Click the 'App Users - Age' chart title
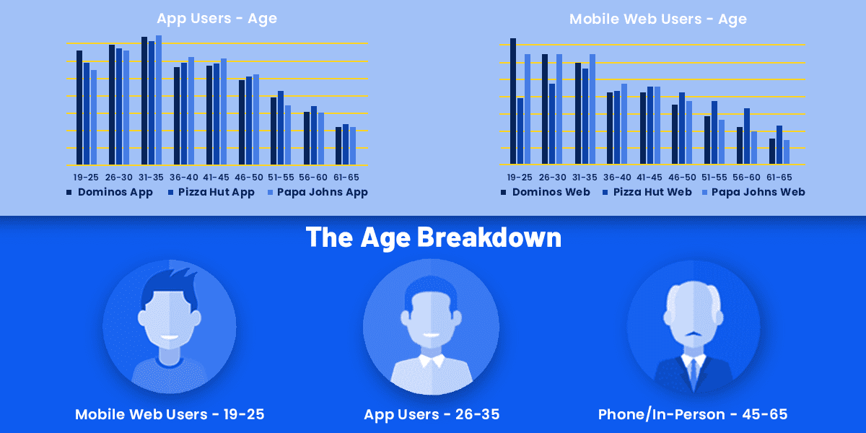pyautogui.click(x=217, y=19)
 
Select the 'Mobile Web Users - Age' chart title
pyautogui.click(x=658, y=19)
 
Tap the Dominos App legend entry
pyautogui.click(x=110, y=192)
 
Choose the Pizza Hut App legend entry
pyautogui.click(x=211, y=192)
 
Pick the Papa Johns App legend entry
pyautogui.click(x=318, y=192)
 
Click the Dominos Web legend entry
pyautogui.click(x=546, y=192)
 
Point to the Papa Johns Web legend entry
pyautogui.click(x=753, y=192)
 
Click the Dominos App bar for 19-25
pyautogui.click(x=79, y=108)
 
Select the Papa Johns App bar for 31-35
pyautogui.click(x=159, y=100)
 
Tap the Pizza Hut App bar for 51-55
pyautogui.click(x=281, y=128)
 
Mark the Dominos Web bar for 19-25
pyautogui.click(x=513, y=101)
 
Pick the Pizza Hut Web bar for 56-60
pyautogui.click(x=747, y=136)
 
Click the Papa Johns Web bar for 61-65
pyautogui.click(x=787, y=152)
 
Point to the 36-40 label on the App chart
pyautogui.click(x=183, y=178)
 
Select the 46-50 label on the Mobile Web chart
pyautogui.click(x=682, y=178)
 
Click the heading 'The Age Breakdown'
pyautogui.click(x=434, y=237)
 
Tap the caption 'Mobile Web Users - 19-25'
pyautogui.click(x=170, y=414)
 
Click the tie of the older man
pyautogui.click(x=694, y=375)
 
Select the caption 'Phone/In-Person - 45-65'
pyautogui.click(x=693, y=414)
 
